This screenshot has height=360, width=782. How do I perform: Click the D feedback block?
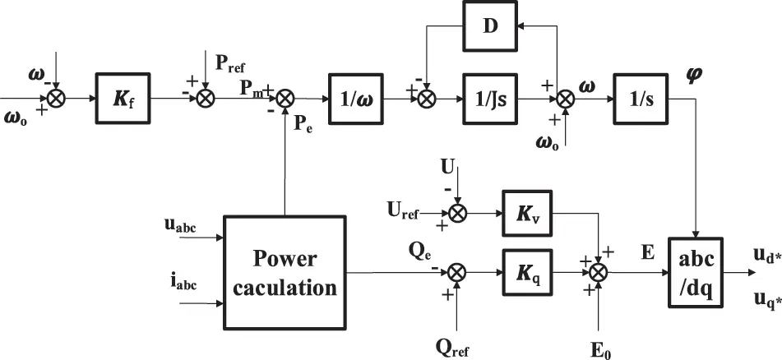490,26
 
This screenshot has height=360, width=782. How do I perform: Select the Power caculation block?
284,272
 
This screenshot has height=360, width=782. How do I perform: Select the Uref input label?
404,214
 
